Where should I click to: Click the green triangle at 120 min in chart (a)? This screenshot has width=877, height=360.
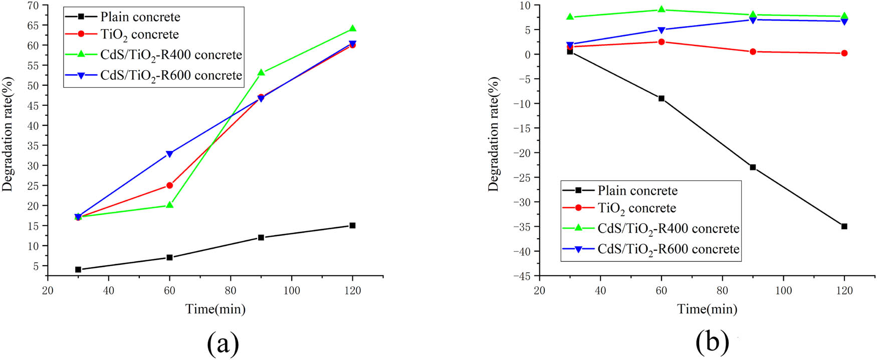[352, 29]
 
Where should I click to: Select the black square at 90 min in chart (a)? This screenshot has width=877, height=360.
[261, 237]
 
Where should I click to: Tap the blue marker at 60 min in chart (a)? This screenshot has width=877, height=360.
[169, 154]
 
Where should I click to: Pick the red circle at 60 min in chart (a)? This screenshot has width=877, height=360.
[169, 186]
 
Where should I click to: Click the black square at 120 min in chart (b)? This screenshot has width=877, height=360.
[844, 226]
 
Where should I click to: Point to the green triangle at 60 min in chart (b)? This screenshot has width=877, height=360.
[661, 10]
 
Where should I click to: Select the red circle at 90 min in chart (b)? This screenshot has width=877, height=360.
[753, 52]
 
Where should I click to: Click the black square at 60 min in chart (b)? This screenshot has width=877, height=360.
[661, 98]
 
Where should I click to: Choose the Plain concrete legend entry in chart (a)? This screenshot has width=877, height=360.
[140, 17]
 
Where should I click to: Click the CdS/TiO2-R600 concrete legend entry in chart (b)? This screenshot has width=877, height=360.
[668, 249]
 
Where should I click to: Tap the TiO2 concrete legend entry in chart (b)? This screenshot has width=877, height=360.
[636, 208]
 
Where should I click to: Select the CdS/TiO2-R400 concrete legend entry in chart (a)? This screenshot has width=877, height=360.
[171, 55]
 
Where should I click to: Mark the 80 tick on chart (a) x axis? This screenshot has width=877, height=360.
[231, 290]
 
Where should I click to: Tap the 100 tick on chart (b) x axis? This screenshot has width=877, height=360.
[783, 290]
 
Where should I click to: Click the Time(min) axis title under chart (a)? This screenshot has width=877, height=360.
[215, 309]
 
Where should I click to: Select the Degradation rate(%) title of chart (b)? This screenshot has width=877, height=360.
[494, 134]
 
